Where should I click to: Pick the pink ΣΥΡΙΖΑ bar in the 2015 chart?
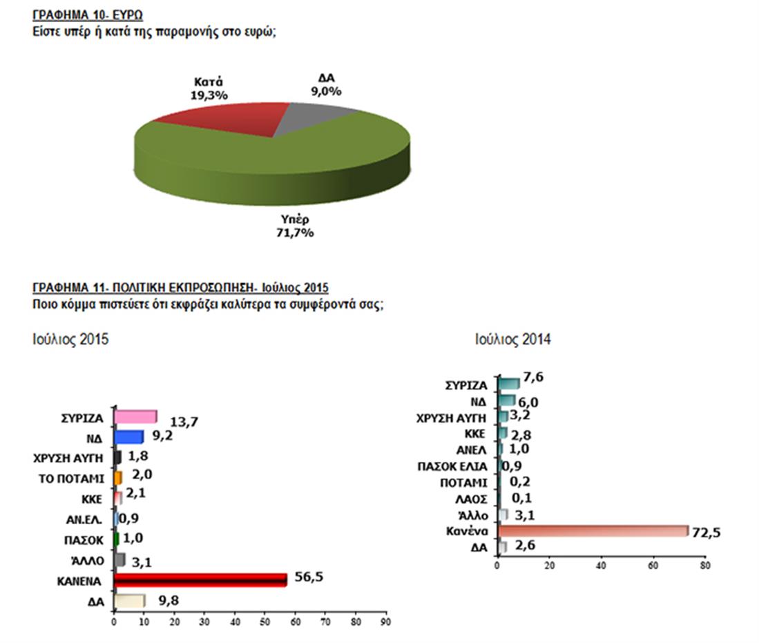pyautogui.click(x=135, y=416)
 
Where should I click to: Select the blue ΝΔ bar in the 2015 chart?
pyautogui.click(x=128, y=436)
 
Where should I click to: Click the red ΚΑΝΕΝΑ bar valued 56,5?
pyautogui.click(x=200, y=579)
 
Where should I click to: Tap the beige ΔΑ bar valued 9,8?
pyautogui.click(x=129, y=601)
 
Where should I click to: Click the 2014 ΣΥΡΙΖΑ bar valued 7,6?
pyautogui.click(x=508, y=383)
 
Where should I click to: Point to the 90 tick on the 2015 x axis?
pyautogui.click(x=386, y=622)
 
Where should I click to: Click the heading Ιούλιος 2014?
pyautogui.click(x=512, y=339)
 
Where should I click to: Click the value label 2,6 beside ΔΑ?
pyautogui.click(x=521, y=548)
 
